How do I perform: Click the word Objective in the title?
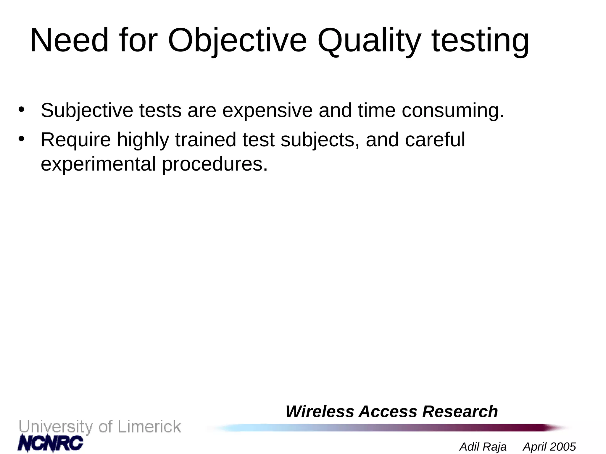237,40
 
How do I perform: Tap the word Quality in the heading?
369,40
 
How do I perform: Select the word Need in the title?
69,40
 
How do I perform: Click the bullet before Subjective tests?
21,109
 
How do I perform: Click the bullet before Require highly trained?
21,139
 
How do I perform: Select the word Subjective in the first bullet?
87,111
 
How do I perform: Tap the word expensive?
267,111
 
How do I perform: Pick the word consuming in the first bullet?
452,111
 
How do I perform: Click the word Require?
76,140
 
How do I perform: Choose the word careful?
435,140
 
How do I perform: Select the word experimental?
98,164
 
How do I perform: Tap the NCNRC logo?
51,443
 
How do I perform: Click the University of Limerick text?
100,427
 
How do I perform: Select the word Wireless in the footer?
320,411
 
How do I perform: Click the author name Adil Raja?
483,447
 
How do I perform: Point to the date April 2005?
549,447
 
